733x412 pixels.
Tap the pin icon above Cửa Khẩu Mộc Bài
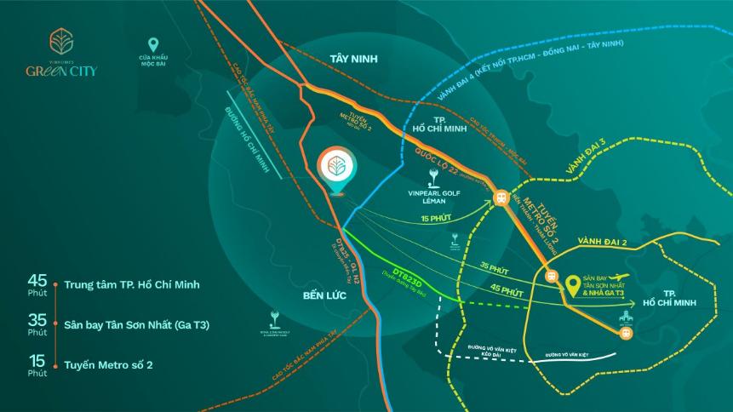point(153,45)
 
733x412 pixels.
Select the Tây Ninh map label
point(352,59)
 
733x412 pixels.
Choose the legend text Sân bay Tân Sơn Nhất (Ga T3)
point(136,324)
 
